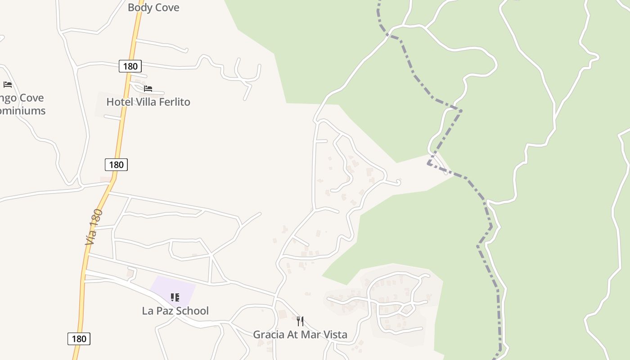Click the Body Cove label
click(x=153, y=8)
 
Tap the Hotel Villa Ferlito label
click(x=148, y=102)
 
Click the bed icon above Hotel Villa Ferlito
click(x=148, y=89)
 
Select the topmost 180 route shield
click(x=130, y=67)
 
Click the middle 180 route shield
click(x=116, y=165)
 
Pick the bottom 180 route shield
click(x=79, y=339)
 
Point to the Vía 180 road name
click(x=94, y=227)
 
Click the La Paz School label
click(x=175, y=311)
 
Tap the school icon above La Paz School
click(x=175, y=297)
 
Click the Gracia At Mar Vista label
click(x=300, y=335)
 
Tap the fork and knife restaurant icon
click(x=300, y=321)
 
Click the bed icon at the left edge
click(x=8, y=85)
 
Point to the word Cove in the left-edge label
click(x=31, y=98)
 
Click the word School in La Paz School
click(x=192, y=311)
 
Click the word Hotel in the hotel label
click(x=118, y=102)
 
